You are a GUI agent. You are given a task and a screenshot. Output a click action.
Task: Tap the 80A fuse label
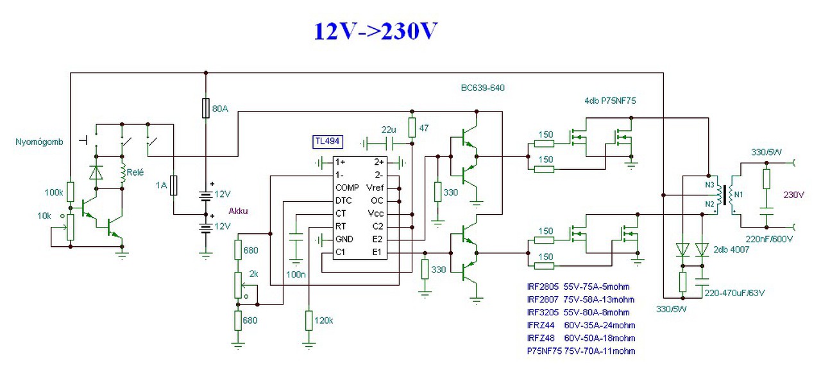(219, 109)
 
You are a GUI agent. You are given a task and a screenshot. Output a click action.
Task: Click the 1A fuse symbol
(174, 185)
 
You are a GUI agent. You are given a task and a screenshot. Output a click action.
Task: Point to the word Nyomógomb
(38, 142)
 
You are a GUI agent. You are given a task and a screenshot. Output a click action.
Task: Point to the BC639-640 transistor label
(482, 88)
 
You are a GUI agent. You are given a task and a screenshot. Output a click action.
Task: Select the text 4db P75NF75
(609, 101)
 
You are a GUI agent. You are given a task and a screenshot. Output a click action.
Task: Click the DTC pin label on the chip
(343, 201)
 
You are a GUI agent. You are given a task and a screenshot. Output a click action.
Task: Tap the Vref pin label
(375, 188)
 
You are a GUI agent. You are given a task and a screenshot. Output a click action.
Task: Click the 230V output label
(792, 194)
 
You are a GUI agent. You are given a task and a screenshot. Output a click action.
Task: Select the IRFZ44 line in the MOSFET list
(580, 325)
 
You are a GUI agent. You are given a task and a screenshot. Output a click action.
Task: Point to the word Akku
(239, 210)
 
